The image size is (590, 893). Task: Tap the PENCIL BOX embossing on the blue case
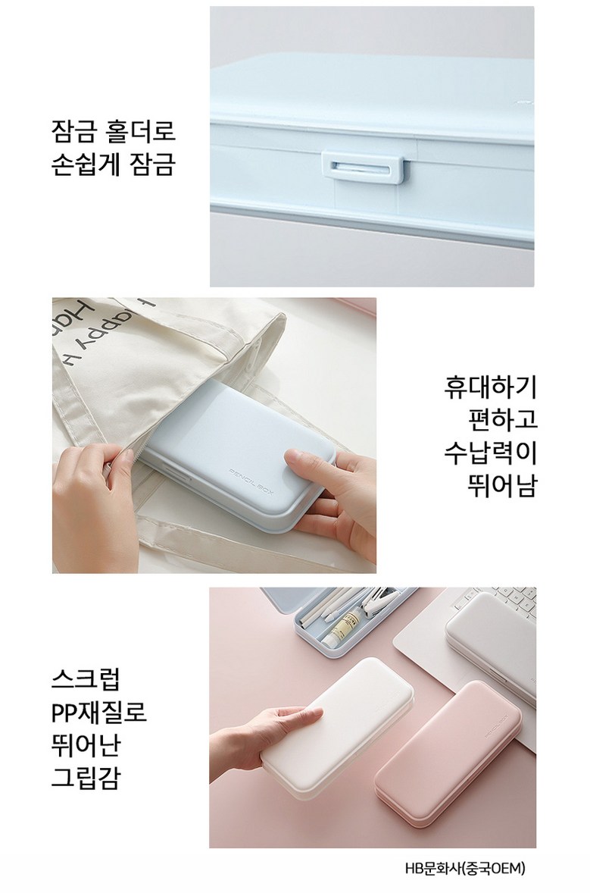pyautogui.click(x=251, y=480)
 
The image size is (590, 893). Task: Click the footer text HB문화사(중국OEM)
pyautogui.click(x=465, y=869)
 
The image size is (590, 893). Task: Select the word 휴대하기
pyautogui.click(x=490, y=387)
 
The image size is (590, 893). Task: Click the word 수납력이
pyautogui.click(x=490, y=453)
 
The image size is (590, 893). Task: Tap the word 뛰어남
pyautogui.click(x=502, y=486)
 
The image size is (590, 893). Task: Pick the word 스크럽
pyautogui.click(x=86, y=678)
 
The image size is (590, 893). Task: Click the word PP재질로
pyautogui.click(x=99, y=711)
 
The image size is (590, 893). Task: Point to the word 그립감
pyautogui.click(x=86, y=777)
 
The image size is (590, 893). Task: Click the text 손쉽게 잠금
pyautogui.click(x=113, y=164)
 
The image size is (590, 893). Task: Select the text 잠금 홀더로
pyautogui.click(x=113, y=130)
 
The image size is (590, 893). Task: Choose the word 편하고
pyautogui.click(x=502, y=420)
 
